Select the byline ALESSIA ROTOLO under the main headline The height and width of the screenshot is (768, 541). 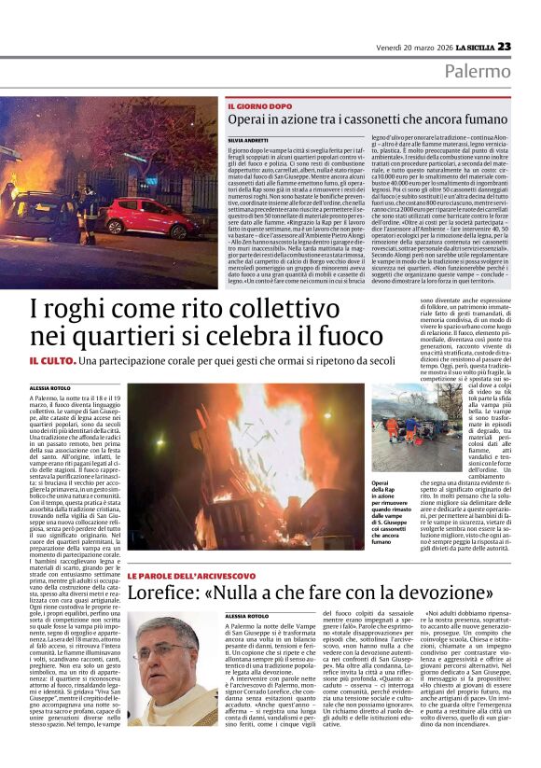point(51,386)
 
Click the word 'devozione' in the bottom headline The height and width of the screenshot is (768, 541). point(423,594)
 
